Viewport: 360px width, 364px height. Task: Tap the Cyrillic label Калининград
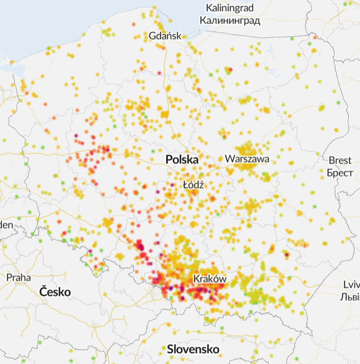click(x=230, y=21)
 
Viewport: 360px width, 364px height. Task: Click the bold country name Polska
click(x=182, y=160)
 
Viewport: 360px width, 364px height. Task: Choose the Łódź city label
click(x=193, y=185)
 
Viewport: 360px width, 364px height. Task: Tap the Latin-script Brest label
click(x=340, y=161)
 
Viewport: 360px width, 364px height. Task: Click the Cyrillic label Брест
click(x=340, y=173)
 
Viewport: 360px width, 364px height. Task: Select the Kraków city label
click(x=209, y=279)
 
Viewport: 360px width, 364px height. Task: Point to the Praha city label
click(x=18, y=278)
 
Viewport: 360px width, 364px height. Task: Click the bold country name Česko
click(x=55, y=292)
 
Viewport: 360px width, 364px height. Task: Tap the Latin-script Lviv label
click(x=350, y=284)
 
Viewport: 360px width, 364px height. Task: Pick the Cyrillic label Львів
click(x=350, y=296)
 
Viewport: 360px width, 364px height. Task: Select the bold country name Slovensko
click(x=193, y=350)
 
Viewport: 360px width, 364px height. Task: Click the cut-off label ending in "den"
click(x=6, y=225)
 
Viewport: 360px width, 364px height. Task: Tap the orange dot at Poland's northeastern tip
click(x=315, y=37)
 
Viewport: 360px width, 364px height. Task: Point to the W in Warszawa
click(x=229, y=159)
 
